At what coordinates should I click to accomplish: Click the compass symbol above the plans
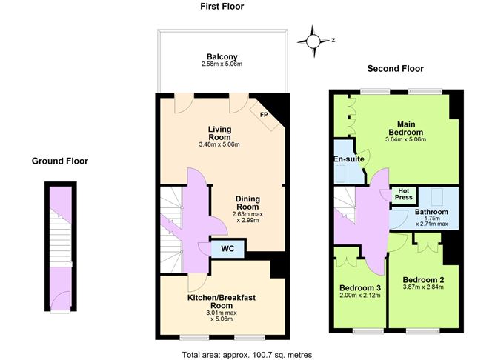[x=313, y=40]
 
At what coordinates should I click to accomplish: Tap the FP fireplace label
[x=263, y=114]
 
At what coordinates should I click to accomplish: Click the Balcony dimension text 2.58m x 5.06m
[x=222, y=64]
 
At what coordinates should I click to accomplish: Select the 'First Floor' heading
[x=222, y=7]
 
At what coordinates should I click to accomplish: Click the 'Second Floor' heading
[x=396, y=69]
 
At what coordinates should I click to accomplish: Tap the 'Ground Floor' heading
[x=60, y=161]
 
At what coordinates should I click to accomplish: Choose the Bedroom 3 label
[x=360, y=287]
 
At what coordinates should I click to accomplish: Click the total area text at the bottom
[x=247, y=355]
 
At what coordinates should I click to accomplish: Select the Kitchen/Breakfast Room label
[x=222, y=301]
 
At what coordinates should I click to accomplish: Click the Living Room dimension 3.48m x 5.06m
[x=219, y=145]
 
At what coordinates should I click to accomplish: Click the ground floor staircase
[x=58, y=237]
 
